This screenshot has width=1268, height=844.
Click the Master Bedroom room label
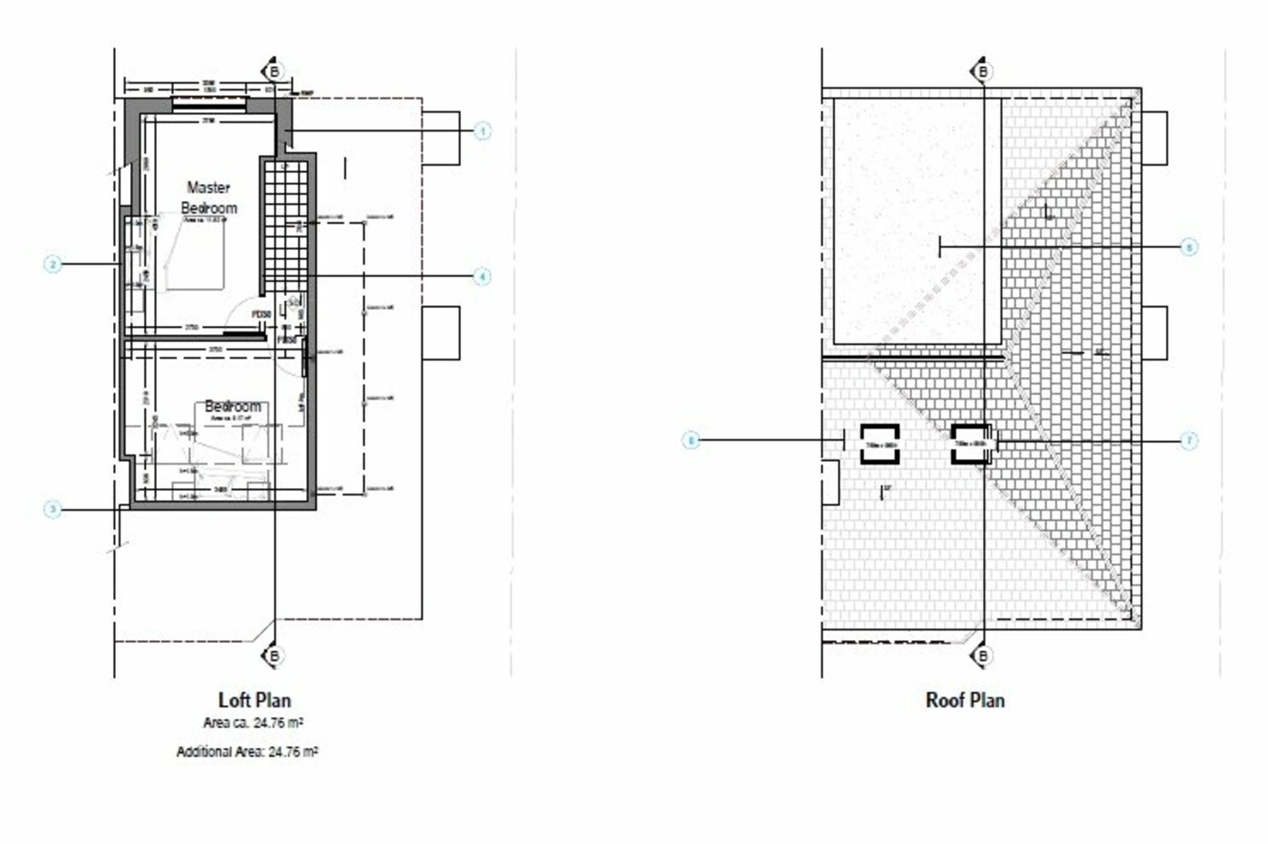[209, 197]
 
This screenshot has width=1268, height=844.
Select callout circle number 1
[482, 131]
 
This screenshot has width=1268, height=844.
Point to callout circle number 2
[53, 264]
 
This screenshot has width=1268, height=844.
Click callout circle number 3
[53, 510]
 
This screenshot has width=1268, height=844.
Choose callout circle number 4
[482, 275]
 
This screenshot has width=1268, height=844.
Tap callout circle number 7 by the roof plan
[1189, 441]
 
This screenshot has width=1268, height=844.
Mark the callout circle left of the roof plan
[692, 441]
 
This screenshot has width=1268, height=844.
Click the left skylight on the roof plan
[879, 444]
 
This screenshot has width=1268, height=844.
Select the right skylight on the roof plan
[972, 444]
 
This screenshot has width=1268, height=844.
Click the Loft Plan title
[255, 700]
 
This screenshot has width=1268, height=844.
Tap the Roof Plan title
[965, 700]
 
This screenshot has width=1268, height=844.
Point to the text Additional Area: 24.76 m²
[246, 752]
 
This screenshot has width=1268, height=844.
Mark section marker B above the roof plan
[984, 72]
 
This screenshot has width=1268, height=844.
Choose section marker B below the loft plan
[273, 656]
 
